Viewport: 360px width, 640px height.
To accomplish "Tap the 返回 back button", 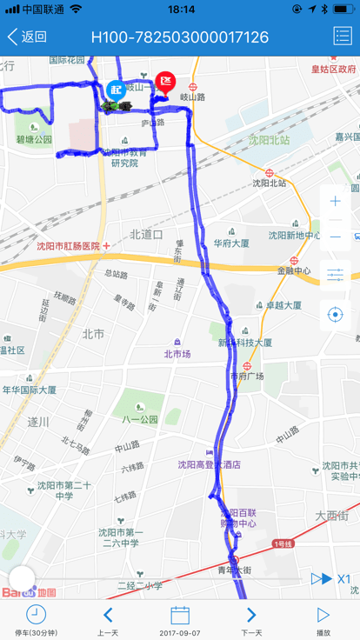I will pyautogui.click(x=27, y=37).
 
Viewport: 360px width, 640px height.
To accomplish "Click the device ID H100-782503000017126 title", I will pyautogui.click(x=180, y=37).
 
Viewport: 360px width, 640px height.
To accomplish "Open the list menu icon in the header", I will pyautogui.click(x=342, y=37).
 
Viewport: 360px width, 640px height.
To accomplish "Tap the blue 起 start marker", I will pyautogui.click(x=116, y=89).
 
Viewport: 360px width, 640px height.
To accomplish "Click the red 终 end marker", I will pyautogui.click(x=165, y=83).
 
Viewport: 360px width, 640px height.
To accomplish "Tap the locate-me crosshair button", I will pyautogui.click(x=336, y=314).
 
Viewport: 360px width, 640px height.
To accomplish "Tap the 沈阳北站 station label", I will pyautogui.click(x=269, y=183).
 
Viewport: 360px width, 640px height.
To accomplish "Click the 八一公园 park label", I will pyautogui.click(x=139, y=418).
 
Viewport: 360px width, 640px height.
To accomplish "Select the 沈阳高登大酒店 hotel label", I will pyautogui.click(x=209, y=464).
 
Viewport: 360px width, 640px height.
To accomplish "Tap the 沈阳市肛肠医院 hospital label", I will pyautogui.click(x=68, y=246).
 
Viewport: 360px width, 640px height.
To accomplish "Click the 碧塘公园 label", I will pyautogui.click(x=34, y=139).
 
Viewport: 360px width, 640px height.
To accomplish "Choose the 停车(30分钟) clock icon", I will pyautogui.click(x=36, y=615).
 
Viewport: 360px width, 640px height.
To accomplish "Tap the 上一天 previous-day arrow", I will pyautogui.click(x=108, y=615).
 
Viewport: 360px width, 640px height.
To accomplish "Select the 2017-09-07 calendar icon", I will pyautogui.click(x=180, y=615).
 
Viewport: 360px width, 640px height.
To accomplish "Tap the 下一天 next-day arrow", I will pyautogui.click(x=251, y=615).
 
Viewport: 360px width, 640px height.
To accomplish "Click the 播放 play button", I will pyautogui.click(x=323, y=615).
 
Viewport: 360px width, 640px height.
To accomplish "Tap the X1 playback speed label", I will pyautogui.click(x=344, y=578).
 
